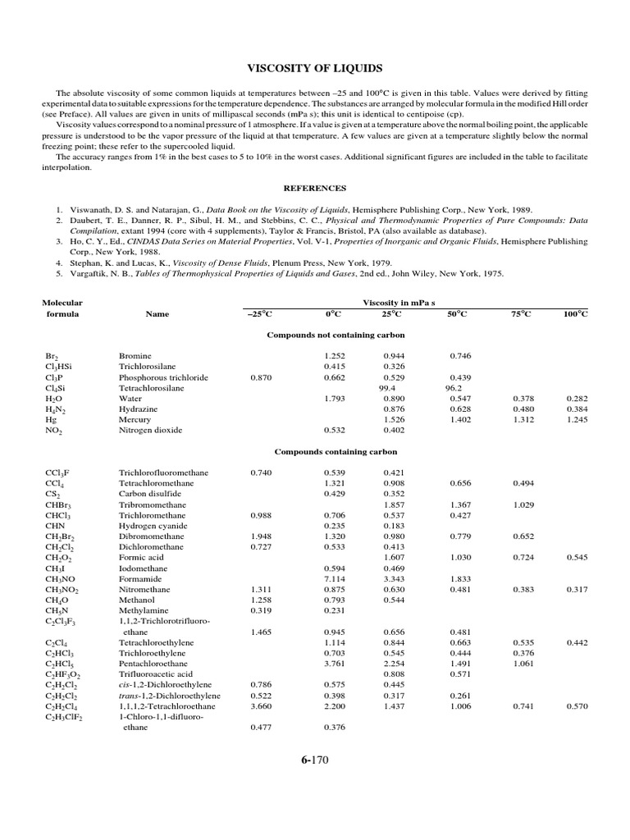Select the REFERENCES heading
[314, 188]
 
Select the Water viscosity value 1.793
[336, 398]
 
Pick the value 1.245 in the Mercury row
[577, 419]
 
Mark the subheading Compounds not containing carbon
[336, 335]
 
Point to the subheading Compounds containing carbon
[336, 452]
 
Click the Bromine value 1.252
[336, 355]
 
